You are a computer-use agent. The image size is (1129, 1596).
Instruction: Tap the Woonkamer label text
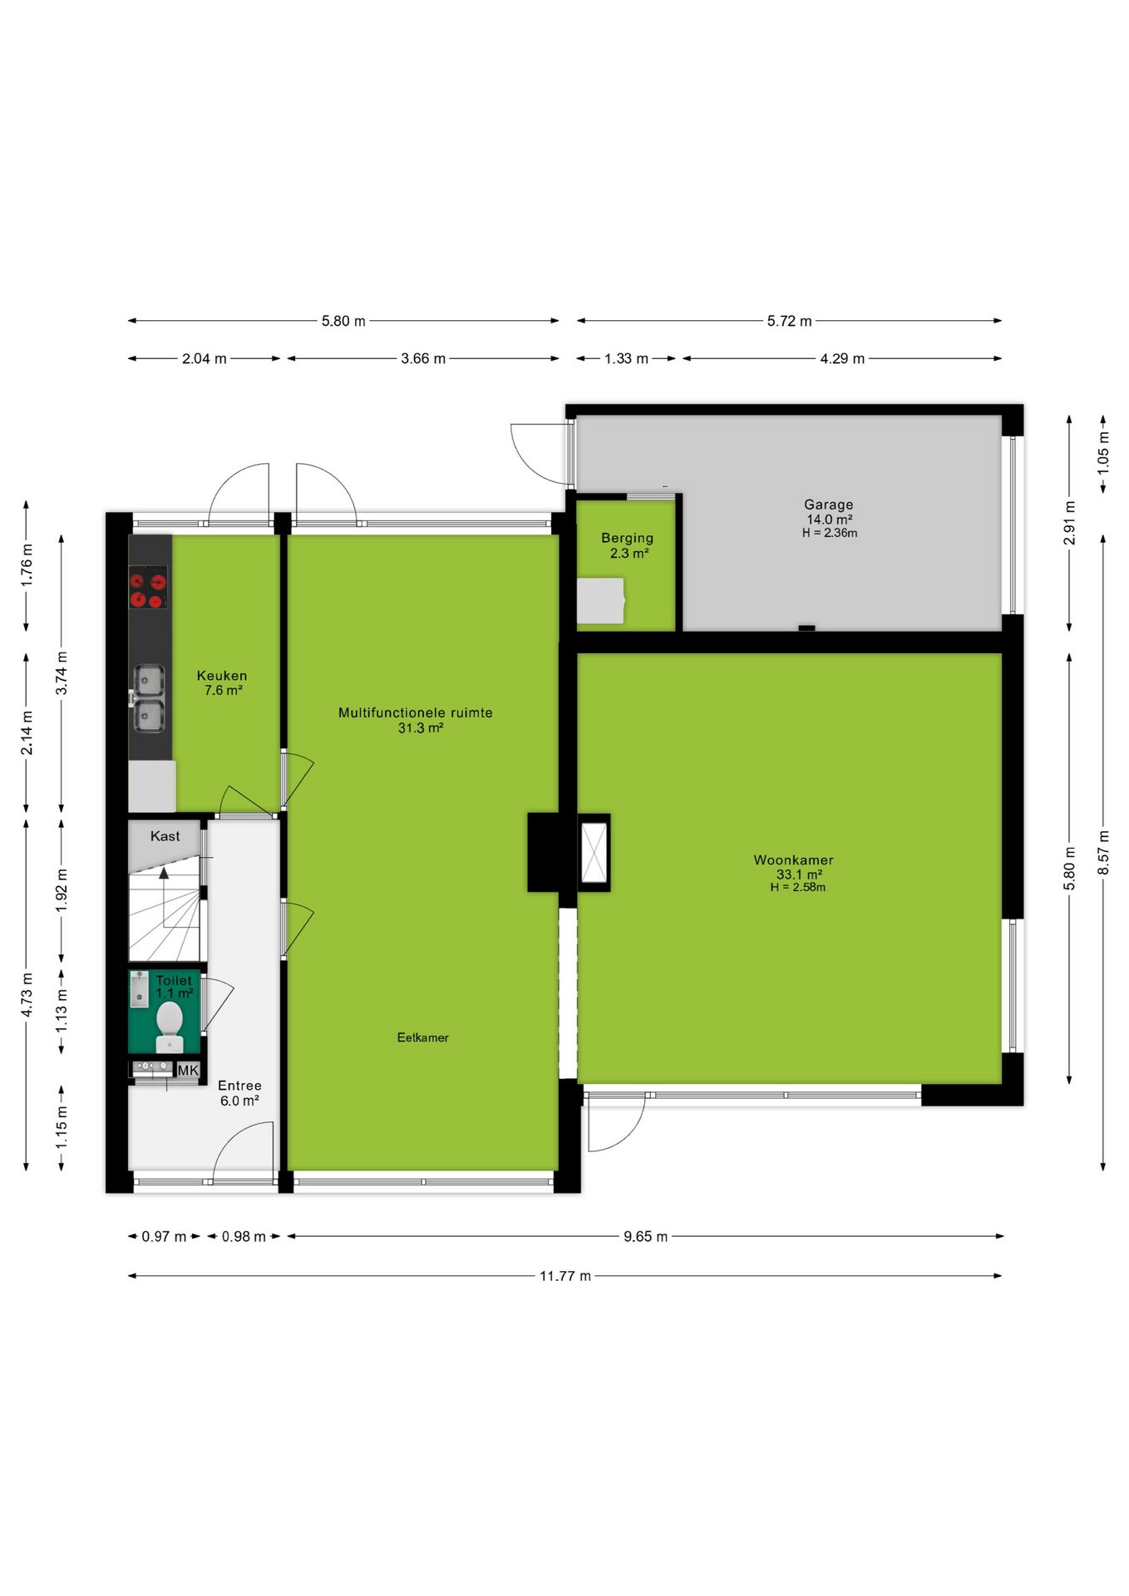[x=793, y=860]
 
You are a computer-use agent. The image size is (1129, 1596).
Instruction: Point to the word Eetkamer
[x=422, y=1037]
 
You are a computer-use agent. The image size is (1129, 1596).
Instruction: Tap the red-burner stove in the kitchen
[x=148, y=588]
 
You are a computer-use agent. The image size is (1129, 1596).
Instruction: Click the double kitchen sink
[x=150, y=698]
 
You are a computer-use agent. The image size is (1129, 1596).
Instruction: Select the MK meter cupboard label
[x=189, y=1070]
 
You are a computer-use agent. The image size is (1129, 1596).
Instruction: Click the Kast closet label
[x=165, y=836]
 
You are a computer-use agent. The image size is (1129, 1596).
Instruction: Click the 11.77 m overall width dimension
[x=565, y=1276]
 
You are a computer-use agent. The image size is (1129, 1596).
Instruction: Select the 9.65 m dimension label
[x=646, y=1237]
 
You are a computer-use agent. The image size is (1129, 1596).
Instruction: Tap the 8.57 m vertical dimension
[x=1103, y=853]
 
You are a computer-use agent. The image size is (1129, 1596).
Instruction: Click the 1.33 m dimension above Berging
[x=626, y=359]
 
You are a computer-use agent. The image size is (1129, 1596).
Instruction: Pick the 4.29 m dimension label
[x=842, y=359]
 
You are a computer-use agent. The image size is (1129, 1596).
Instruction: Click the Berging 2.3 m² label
[x=628, y=545]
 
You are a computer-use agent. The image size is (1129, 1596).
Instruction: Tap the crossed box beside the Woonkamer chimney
[x=594, y=853]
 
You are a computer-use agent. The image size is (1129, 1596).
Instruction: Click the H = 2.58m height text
[x=798, y=888]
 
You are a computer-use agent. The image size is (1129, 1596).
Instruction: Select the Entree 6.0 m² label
[x=239, y=1093]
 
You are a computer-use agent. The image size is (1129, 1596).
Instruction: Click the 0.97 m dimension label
[x=164, y=1237]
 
